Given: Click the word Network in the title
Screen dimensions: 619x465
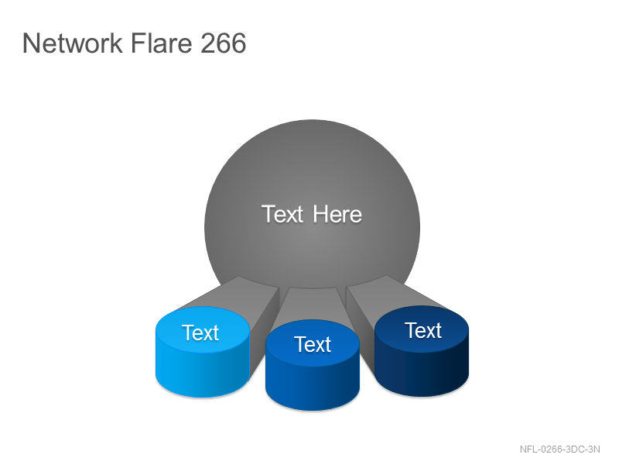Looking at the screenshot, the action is pos(73,43).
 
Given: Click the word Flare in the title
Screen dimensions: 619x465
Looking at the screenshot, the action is pos(161,43).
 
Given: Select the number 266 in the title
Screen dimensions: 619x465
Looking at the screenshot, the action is pos(223,43).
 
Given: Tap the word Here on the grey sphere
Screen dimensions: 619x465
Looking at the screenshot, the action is pos(337,215).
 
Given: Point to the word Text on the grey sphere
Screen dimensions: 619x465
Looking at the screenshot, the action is pos(282,215).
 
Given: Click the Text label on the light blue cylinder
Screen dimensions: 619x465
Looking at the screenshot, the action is pos(200,332).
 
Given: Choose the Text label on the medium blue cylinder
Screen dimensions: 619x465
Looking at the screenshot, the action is pos(313,344).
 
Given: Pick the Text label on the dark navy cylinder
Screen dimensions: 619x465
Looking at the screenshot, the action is pos(422,330).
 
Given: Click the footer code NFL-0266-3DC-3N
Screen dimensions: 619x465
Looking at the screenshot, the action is pos(559,449).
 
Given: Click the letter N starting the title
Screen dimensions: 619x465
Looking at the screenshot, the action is pos(31,43).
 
